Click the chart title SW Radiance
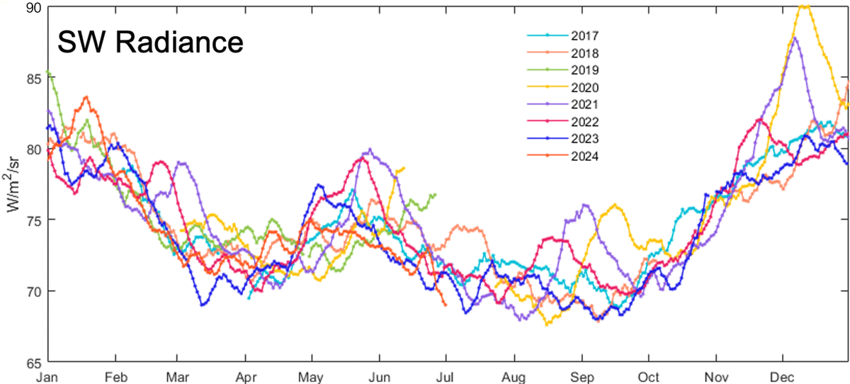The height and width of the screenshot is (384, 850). [x=149, y=43]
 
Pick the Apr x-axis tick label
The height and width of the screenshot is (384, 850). [x=245, y=376]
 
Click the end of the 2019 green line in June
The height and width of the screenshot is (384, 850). [x=434, y=194]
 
